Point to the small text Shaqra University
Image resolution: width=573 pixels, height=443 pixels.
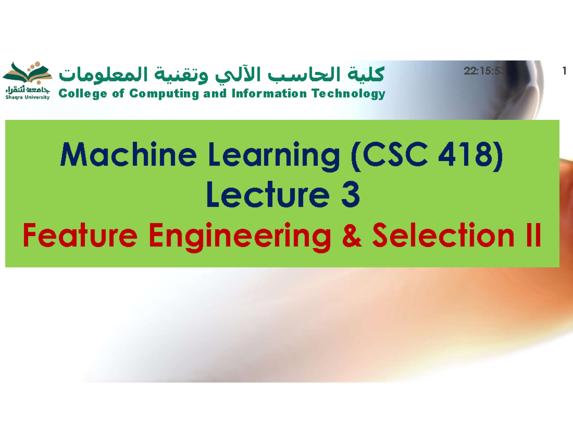point(27,97)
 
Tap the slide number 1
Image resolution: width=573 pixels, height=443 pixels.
point(564,72)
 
